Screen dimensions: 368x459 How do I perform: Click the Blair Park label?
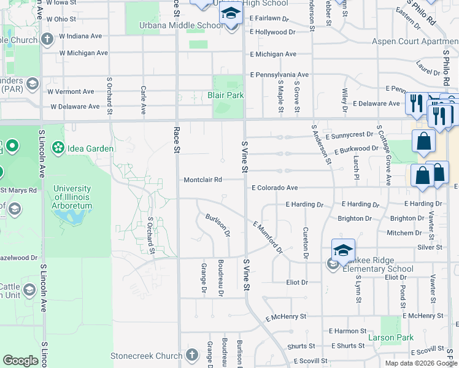pyautogui.click(x=225, y=95)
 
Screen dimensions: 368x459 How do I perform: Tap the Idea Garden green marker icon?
pyautogui.click(x=58, y=148)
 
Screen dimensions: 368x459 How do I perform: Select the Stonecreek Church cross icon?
pyautogui.click(x=192, y=355)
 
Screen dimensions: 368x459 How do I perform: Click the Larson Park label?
pyautogui.click(x=390, y=337)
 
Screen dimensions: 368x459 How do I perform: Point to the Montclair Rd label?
pyautogui.click(x=202, y=180)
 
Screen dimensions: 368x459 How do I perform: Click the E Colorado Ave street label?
pyautogui.click(x=274, y=188)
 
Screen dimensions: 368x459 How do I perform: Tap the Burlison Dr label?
pyautogui.click(x=218, y=226)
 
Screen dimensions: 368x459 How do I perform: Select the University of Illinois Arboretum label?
pyautogui.click(x=72, y=197)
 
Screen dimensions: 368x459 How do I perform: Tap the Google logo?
pyautogui.click(x=20, y=361)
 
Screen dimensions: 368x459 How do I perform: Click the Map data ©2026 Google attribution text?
pyautogui.click(x=420, y=363)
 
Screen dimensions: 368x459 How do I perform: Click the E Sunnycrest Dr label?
pyautogui.click(x=349, y=134)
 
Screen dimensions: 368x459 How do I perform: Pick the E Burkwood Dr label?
pyautogui.click(x=356, y=149)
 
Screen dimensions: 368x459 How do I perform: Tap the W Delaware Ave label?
pyautogui.click(x=75, y=106)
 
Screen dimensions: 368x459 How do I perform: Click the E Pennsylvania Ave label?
pyautogui.click(x=279, y=75)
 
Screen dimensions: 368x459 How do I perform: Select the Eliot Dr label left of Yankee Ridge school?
pyautogui.click(x=296, y=282)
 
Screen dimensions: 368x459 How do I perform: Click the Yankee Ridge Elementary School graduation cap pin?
pyautogui.click(x=344, y=250)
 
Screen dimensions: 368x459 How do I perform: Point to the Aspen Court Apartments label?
pyautogui.click(x=415, y=42)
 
